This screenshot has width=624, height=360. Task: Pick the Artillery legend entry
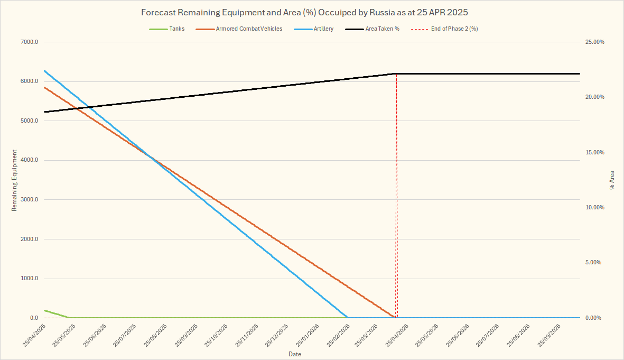coord(323,29)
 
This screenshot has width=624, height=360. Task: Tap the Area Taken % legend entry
coord(382,29)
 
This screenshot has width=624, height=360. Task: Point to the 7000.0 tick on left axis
coord(30,42)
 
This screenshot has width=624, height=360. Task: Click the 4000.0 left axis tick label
coord(30,161)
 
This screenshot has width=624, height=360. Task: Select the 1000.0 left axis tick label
coord(30,279)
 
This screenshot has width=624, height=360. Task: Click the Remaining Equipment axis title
coord(14,180)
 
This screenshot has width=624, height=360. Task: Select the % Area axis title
coord(612,180)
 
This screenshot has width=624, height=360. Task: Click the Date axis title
coord(295,354)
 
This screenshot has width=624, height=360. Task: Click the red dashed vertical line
coord(397,211)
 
